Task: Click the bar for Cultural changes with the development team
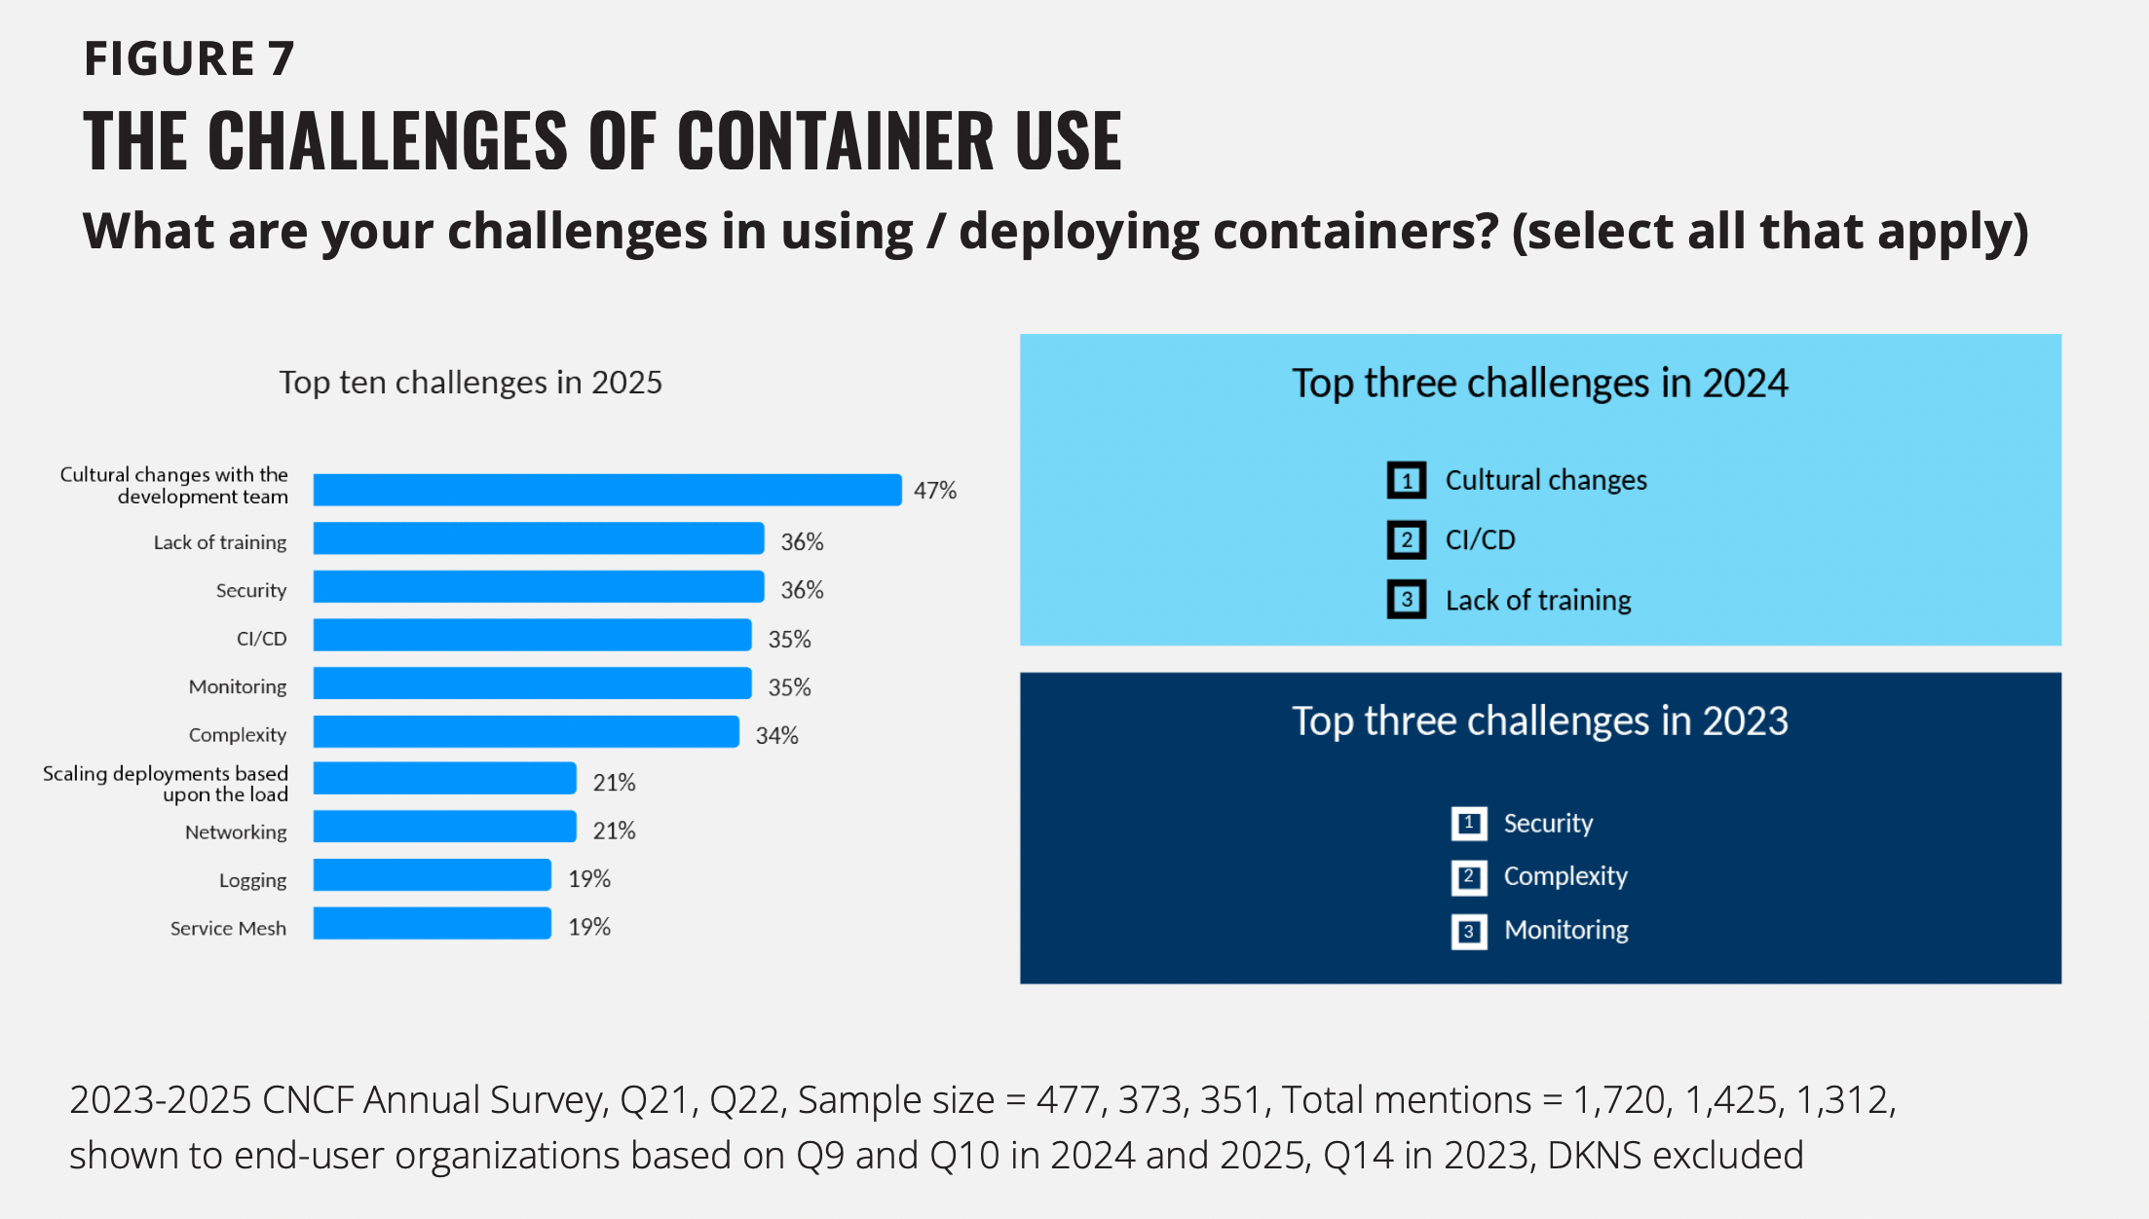[x=607, y=490]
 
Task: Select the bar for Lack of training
[x=538, y=538]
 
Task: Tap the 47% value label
[x=934, y=491]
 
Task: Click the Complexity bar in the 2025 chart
[x=526, y=732]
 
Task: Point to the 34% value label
[x=776, y=736]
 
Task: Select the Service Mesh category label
[x=228, y=929]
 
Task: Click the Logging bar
[x=432, y=875]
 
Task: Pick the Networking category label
[x=236, y=832]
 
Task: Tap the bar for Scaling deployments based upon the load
[x=444, y=779]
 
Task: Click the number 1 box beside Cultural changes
[x=1406, y=480]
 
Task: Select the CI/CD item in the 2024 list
[x=1480, y=540]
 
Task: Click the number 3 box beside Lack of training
[x=1406, y=600]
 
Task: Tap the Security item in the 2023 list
[x=1548, y=824]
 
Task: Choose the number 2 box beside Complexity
[x=1468, y=877]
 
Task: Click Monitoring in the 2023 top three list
[x=1565, y=931]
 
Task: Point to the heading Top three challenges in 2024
[x=1539, y=384]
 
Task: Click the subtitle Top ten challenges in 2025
[x=471, y=383]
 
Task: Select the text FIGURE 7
[x=189, y=59]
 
